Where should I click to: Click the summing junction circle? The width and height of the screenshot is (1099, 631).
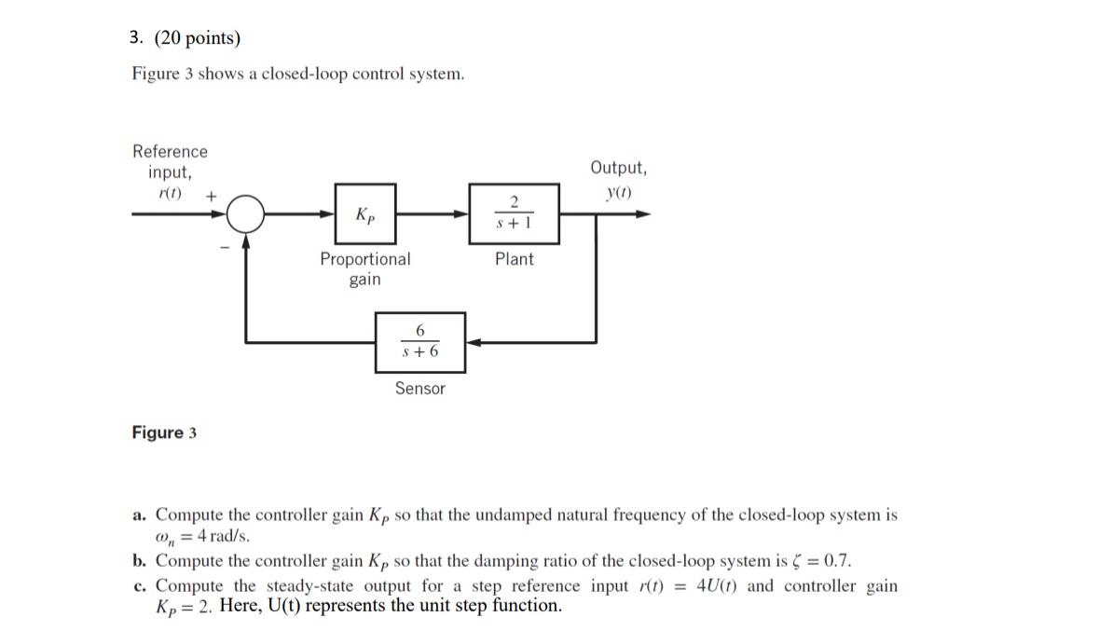(246, 214)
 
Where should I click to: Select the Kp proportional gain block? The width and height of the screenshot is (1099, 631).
(365, 214)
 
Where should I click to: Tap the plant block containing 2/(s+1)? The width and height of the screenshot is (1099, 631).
(514, 214)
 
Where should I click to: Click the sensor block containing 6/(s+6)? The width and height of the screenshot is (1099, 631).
(419, 342)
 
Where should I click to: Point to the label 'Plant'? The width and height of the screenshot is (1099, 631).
(514, 259)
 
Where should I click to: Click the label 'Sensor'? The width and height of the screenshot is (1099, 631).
(419, 389)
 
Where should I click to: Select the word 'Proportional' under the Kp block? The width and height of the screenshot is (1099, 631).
(364, 259)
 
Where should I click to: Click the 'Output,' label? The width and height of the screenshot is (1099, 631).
(618, 168)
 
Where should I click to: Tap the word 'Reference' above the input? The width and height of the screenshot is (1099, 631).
(170, 151)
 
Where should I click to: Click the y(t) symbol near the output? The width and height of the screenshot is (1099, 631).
(618, 193)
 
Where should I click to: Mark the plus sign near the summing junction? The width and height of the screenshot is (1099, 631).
(212, 197)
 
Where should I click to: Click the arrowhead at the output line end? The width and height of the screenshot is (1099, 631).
(643, 214)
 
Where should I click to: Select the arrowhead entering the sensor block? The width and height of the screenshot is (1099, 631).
(473, 342)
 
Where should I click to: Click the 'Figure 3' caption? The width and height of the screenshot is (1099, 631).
(164, 432)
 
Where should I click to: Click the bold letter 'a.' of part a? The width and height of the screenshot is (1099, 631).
(140, 514)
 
